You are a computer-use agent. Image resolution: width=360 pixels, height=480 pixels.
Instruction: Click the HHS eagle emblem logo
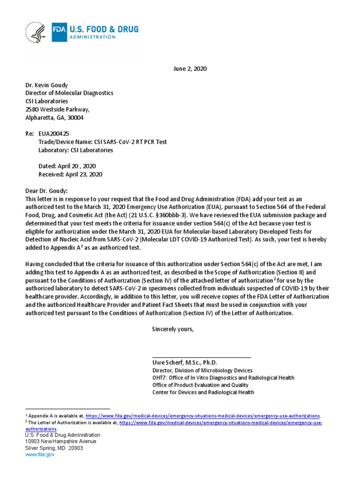[x=36, y=33]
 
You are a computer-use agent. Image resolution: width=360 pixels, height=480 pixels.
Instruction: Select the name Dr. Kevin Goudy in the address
[x=47, y=85]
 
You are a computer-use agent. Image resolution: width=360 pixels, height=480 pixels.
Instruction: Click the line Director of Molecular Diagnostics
[x=69, y=93]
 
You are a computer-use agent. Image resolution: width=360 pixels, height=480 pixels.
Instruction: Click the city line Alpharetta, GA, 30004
[x=54, y=118]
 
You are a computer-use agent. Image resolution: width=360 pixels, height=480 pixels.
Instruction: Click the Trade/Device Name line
[x=102, y=142]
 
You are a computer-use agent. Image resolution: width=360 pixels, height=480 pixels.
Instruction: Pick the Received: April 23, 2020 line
[x=70, y=174]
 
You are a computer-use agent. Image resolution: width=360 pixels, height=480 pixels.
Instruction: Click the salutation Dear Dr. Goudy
[x=46, y=191]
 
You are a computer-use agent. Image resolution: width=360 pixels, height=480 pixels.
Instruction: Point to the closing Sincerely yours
[x=172, y=329]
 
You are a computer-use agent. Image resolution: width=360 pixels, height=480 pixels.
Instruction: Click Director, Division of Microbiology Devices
[x=202, y=370]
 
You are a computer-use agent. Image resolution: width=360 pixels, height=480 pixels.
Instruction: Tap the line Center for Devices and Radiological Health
[x=203, y=392]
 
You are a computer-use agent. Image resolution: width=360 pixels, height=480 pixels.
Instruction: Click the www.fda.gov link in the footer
[x=39, y=454]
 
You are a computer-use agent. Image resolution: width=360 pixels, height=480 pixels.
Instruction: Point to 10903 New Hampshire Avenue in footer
[x=60, y=441]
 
